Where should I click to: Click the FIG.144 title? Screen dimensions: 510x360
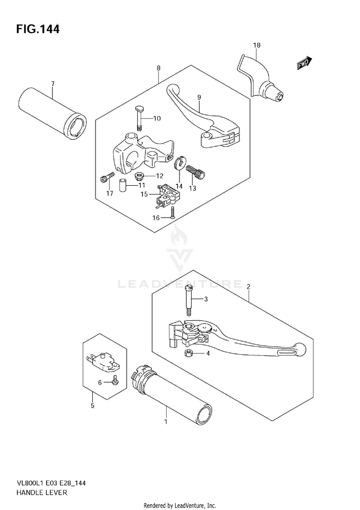(38, 29)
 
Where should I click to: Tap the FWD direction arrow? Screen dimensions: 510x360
(304, 63)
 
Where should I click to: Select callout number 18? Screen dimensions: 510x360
(257, 45)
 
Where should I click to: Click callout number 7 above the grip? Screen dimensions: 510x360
(53, 84)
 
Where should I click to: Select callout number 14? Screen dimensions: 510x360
(179, 186)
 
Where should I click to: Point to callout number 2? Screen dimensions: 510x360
(249, 287)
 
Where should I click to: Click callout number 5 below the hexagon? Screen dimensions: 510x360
(92, 406)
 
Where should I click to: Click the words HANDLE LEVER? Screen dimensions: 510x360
(43, 493)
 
